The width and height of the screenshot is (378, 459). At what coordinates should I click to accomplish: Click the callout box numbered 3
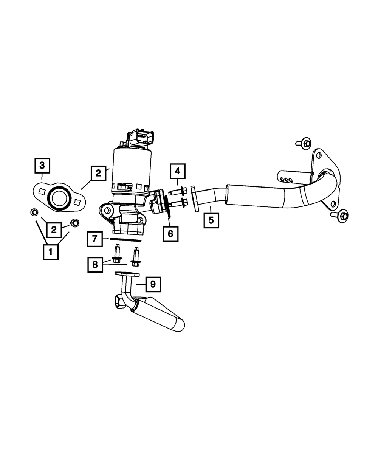pos(42,165)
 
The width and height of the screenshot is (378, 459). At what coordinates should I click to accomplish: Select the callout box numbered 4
pos(177,172)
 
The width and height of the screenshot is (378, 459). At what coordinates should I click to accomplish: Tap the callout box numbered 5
pos(211,220)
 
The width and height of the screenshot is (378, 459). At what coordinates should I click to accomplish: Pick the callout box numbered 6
pos(170,234)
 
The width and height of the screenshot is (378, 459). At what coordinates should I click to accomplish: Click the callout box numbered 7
pos(94,239)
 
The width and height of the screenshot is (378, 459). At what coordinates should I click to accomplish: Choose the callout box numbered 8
pos(95,264)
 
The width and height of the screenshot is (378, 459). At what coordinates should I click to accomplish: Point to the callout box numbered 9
pos(153,284)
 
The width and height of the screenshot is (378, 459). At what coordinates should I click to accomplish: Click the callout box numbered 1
pos(51,251)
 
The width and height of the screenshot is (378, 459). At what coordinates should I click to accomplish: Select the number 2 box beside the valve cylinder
pos(98,174)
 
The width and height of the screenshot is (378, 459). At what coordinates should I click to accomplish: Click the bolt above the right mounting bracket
pos(305,143)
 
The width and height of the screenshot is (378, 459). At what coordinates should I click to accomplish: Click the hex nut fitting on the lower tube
pos(119,302)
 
